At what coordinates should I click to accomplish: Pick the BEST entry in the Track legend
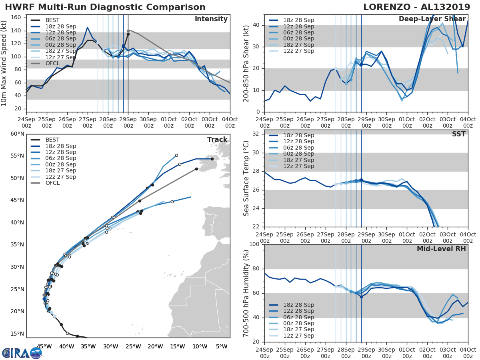pos(52,140)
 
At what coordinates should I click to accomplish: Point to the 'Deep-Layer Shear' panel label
pos(432,19)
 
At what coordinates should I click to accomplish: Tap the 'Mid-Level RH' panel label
pos(441,249)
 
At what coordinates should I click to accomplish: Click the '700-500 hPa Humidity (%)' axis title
pos(247,293)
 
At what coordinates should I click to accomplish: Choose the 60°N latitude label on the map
pos(17,134)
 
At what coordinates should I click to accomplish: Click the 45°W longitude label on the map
pos(44,347)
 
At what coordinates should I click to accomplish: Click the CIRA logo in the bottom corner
pos(22,352)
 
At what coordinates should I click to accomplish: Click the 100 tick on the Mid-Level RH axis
pos(254,244)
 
